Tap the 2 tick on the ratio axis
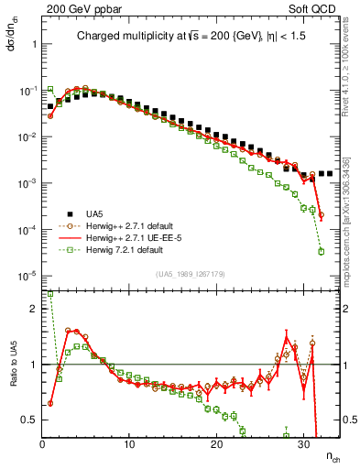(x=35, y=309)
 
